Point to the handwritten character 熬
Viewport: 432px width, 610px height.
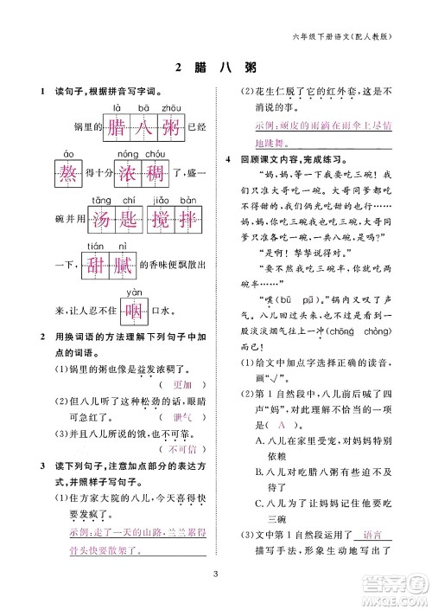click(69, 174)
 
